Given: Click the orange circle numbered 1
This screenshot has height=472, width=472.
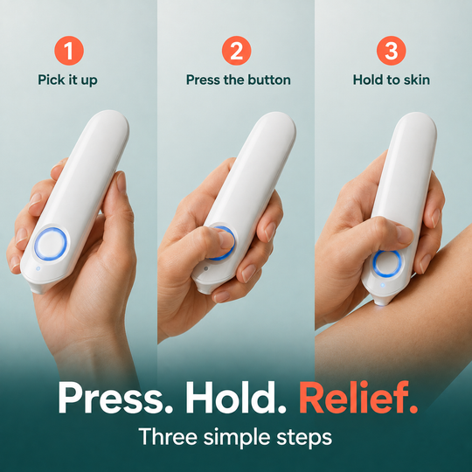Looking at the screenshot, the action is pyautogui.click(x=69, y=51).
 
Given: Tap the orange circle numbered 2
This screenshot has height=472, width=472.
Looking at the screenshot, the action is pyautogui.click(x=236, y=51).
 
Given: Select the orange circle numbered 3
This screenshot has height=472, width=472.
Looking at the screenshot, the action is pyautogui.click(x=391, y=51).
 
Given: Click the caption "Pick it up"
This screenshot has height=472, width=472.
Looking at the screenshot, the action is pyautogui.click(x=67, y=80).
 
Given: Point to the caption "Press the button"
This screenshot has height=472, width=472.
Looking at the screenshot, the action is pyautogui.click(x=239, y=80).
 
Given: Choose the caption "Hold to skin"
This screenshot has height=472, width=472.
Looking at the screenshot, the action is pyautogui.click(x=391, y=80).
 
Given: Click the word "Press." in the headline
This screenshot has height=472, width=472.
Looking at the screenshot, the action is pyautogui.click(x=115, y=398).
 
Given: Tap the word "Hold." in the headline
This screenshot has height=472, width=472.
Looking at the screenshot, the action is pyautogui.click(x=236, y=398).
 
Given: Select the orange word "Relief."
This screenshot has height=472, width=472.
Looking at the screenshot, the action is pyautogui.click(x=358, y=398).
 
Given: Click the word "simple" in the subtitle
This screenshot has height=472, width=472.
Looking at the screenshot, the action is pyautogui.click(x=237, y=438).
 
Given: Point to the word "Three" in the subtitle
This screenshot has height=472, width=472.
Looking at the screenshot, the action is pyautogui.click(x=168, y=437).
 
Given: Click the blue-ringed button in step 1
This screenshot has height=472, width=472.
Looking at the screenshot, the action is pyautogui.click(x=51, y=244).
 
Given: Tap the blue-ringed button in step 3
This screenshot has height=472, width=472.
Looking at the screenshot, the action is pyautogui.click(x=387, y=264).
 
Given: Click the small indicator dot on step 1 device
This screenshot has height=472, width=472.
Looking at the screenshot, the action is pyautogui.click(x=38, y=268).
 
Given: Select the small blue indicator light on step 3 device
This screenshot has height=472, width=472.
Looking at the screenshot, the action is pyautogui.click(x=382, y=285).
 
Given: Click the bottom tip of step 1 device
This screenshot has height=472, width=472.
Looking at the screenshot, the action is pyautogui.click(x=38, y=290).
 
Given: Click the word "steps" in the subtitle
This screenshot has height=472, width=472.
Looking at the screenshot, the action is pyautogui.click(x=304, y=438).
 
